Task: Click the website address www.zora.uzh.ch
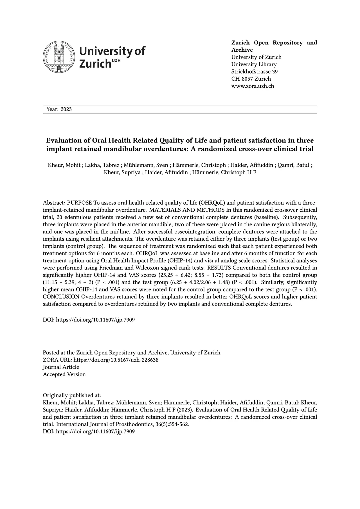coord(252,86)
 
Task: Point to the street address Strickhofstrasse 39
coord(254,71)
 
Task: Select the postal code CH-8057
coord(242,79)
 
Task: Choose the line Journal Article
coord(61,367)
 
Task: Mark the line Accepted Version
coord(64,374)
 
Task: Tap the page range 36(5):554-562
coord(172,424)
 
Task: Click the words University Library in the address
coord(254,64)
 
